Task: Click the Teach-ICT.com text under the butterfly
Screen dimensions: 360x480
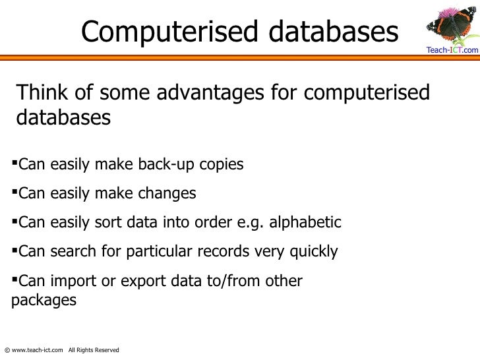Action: (x=452, y=50)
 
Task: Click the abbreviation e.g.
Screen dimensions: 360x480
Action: (x=249, y=222)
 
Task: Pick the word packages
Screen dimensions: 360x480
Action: (x=44, y=300)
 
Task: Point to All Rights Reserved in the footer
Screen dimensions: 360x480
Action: (x=94, y=349)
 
